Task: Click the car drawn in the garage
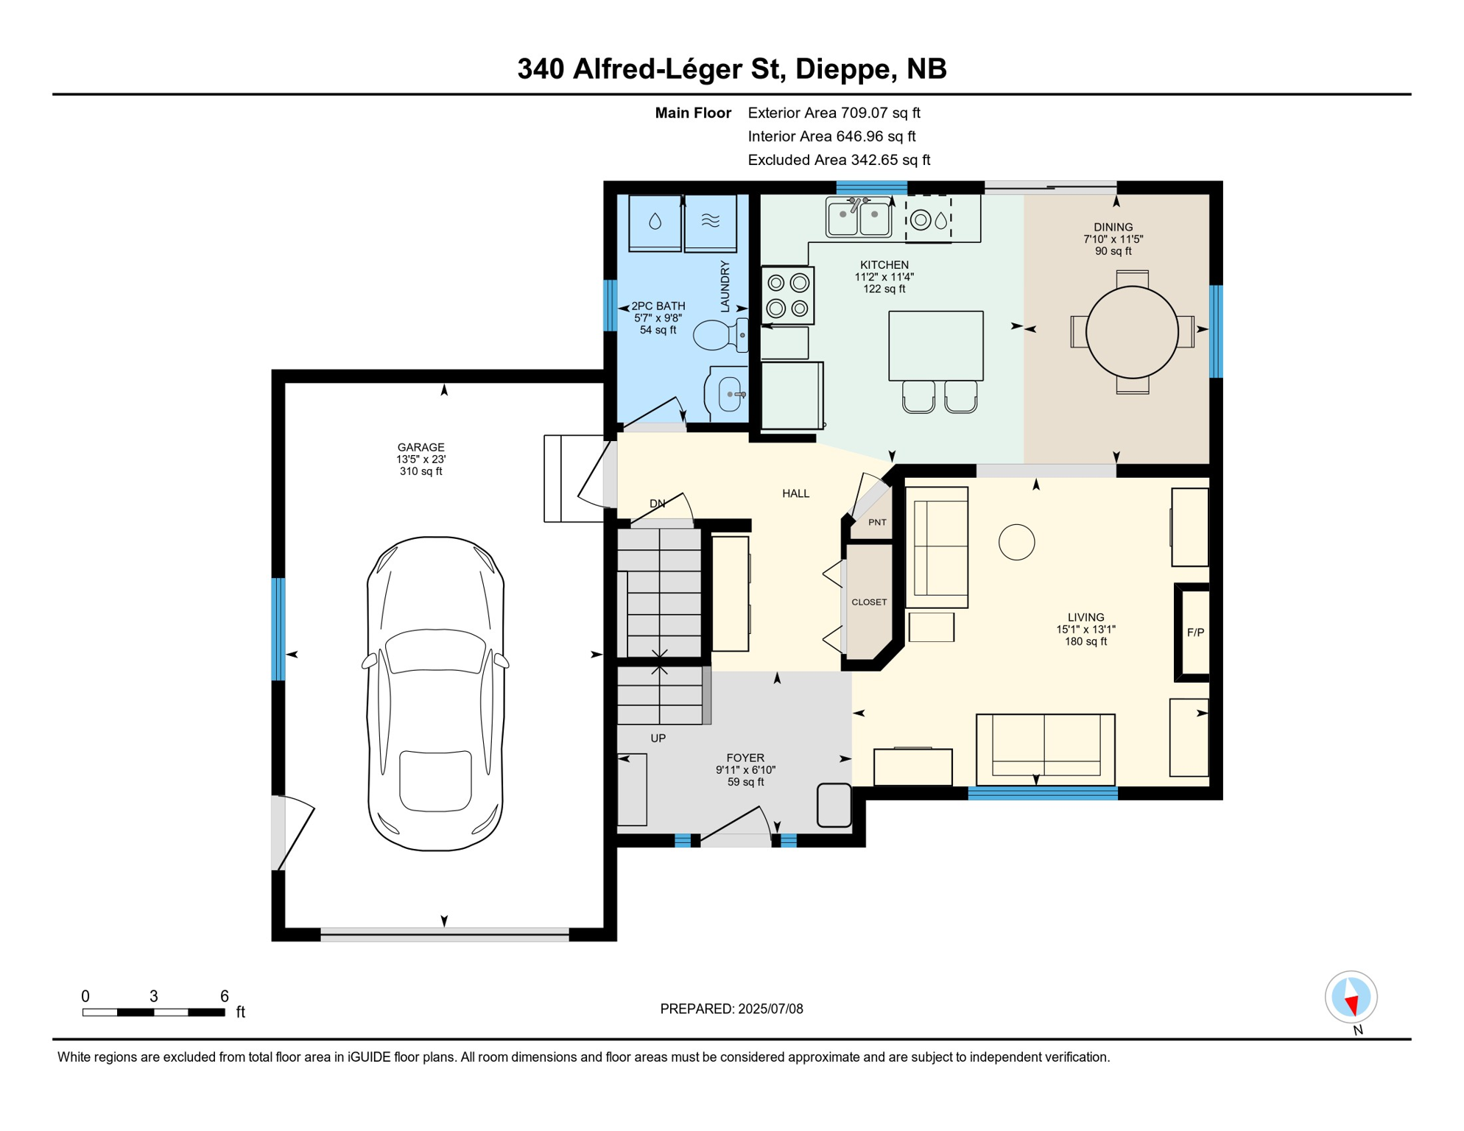click(x=436, y=694)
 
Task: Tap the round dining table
click(x=1132, y=332)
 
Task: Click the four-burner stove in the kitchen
click(x=787, y=295)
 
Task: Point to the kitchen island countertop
click(x=935, y=345)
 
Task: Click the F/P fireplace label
click(x=1195, y=633)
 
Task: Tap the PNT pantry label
click(x=877, y=522)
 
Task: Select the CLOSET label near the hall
click(x=869, y=602)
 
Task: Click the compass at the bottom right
click(x=1351, y=997)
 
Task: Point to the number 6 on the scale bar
click(x=225, y=996)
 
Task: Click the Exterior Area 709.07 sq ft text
click(x=834, y=113)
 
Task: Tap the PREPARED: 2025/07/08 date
click(x=731, y=1009)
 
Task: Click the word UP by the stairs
click(x=658, y=738)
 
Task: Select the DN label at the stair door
click(x=657, y=504)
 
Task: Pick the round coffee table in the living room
click(x=1016, y=542)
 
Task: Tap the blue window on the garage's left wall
click(x=278, y=630)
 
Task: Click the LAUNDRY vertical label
click(x=725, y=286)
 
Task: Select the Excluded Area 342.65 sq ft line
click(x=839, y=160)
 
